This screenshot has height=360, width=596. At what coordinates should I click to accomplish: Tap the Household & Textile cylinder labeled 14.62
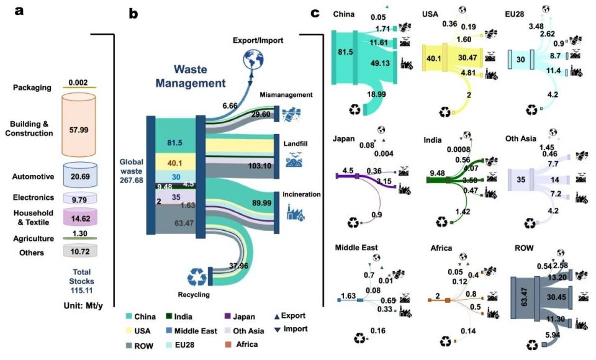(78, 218)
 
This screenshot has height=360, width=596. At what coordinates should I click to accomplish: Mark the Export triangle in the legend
(276, 316)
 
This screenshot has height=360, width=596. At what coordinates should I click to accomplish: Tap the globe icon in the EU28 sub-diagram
(546, 9)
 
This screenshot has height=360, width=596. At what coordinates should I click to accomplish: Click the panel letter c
(315, 12)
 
